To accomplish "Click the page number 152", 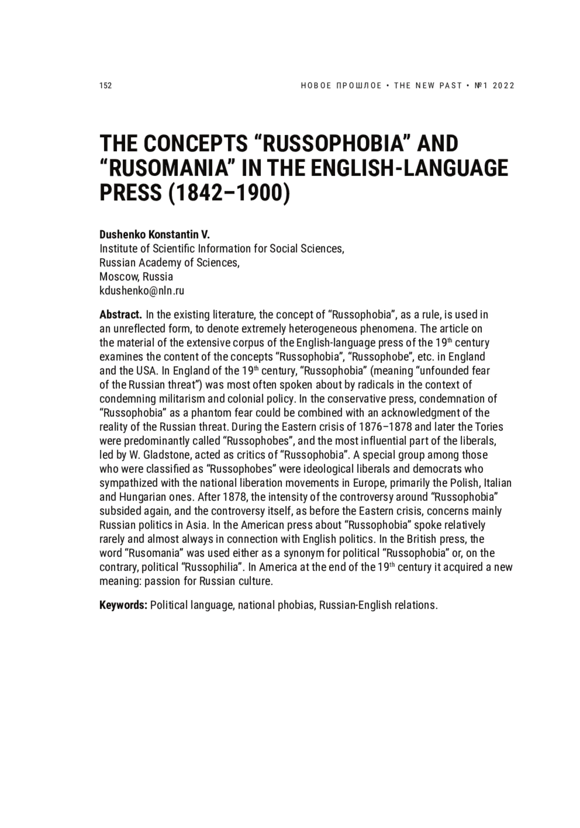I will coord(105,86).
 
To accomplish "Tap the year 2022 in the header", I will coord(504,86).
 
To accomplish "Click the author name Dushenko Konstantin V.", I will coord(155,235).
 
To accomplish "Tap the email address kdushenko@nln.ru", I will coord(142,291).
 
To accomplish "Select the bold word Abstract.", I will coord(120,315).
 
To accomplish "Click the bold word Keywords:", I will coord(123,605).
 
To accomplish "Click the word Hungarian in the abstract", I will coord(140,497).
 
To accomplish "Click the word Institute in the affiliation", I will coord(119,249).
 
